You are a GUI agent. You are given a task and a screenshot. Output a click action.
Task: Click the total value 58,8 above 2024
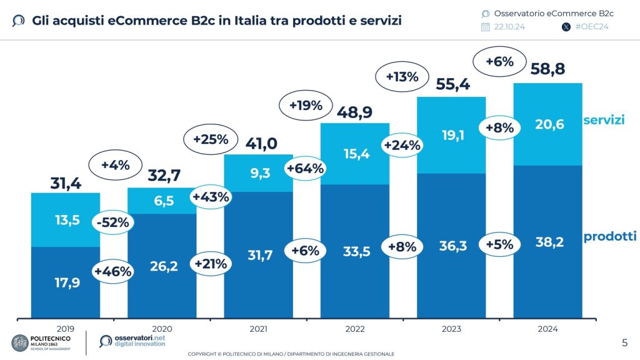pos(547,69)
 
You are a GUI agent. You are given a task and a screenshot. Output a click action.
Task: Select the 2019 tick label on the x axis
pos(65,329)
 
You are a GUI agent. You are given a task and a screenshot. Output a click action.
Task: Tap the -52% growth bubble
pos(113,222)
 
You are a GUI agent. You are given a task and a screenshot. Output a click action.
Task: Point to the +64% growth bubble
pos(304,168)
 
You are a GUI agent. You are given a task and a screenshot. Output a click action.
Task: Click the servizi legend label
pos(604,119)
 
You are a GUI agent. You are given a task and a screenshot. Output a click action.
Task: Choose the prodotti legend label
pos(609,236)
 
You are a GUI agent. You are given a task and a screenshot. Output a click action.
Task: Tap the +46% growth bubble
pos(112,271)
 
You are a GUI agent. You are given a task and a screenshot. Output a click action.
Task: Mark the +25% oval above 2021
pos(210,139)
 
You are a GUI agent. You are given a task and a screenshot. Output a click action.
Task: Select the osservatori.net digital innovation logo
pos(132,341)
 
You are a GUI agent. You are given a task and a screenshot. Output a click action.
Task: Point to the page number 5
pos(624,342)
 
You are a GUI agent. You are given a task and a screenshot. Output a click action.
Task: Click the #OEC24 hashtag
pos(591,27)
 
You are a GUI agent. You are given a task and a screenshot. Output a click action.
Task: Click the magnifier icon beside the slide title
pos(19,21)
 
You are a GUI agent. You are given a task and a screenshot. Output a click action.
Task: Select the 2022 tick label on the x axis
pos(354,329)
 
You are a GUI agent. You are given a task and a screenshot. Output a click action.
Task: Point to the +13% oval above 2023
pos(402,77)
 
